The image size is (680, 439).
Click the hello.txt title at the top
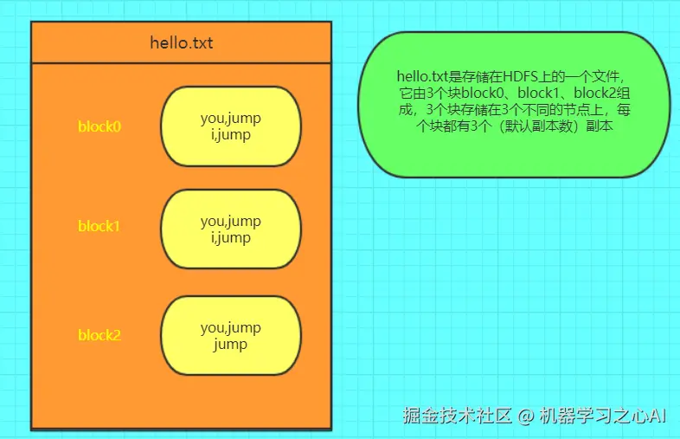click(181, 42)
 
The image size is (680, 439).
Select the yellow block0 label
click(99, 126)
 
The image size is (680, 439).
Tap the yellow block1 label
click(99, 226)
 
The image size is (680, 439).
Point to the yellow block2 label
click(99, 335)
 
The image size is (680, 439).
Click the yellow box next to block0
click(230, 126)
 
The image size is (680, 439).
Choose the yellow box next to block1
click(230, 229)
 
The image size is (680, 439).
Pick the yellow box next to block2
click(230, 335)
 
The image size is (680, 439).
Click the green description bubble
click(515, 104)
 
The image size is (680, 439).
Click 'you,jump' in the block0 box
click(230, 119)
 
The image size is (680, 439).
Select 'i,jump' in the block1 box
click(230, 237)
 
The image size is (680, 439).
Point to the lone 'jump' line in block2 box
click(230, 344)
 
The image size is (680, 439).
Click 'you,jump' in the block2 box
click(230, 327)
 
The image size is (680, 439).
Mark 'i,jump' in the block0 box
click(230, 135)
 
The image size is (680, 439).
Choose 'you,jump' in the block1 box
click(230, 221)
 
